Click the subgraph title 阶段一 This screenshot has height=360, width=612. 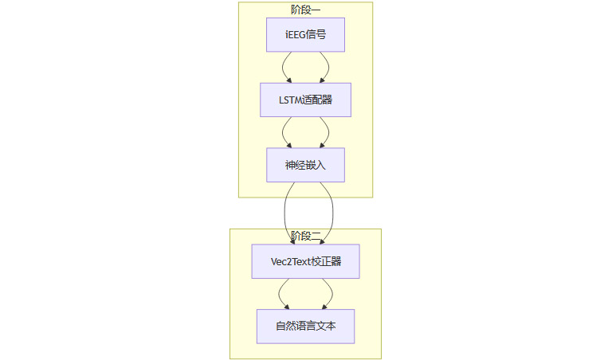click(305, 10)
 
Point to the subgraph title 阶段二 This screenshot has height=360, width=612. click(305, 236)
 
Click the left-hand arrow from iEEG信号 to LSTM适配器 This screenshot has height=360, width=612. click(283, 67)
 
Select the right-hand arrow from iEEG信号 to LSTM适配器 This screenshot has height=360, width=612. click(328, 67)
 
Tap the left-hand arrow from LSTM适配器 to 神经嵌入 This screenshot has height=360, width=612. click(283, 132)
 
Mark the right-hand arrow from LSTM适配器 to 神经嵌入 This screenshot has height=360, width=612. click(328, 132)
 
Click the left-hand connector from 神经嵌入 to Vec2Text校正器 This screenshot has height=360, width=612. click(285, 213)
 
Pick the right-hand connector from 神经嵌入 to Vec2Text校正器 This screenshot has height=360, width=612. click(331, 213)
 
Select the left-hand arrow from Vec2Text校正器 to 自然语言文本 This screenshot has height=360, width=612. click(280, 293)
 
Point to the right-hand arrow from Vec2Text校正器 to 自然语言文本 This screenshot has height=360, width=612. click(331, 293)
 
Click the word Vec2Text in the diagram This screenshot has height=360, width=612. click(291, 261)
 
